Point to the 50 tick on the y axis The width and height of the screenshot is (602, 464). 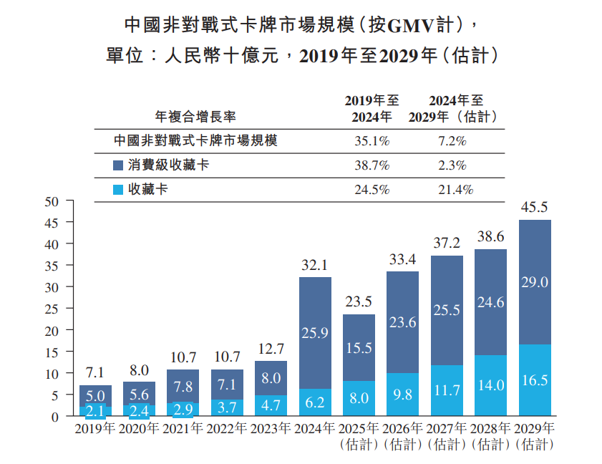coord(51,201)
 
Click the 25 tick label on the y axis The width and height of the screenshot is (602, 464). coord(51,309)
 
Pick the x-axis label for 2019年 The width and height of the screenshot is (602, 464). coord(94,430)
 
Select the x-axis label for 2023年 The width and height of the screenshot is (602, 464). coord(271,430)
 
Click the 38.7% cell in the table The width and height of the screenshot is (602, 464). coord(372,165)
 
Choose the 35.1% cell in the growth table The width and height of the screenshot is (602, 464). coord(372,140)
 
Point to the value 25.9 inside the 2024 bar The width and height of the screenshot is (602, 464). coord(315,332)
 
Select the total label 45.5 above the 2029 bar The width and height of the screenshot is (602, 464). coord(535,208)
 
